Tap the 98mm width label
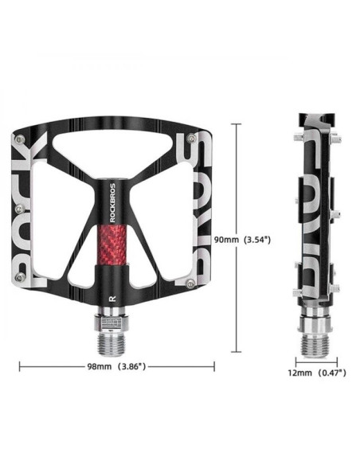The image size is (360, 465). pos(100,367)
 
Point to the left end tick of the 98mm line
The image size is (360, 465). pos(19,367)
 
